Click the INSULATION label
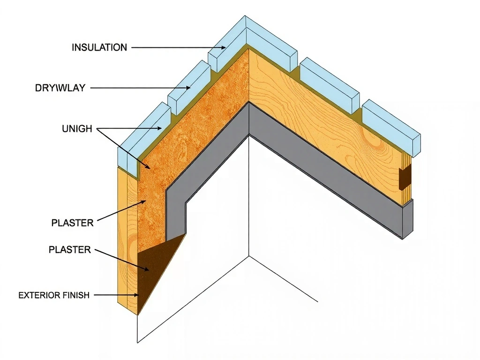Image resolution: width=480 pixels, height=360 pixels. [99, 47]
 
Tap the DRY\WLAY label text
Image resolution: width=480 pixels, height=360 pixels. [60, 88]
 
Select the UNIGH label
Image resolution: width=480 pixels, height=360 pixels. [77, 128]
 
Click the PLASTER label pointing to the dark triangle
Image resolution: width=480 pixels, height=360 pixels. [70, 250]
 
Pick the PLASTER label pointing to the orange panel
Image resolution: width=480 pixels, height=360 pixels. [72, 223]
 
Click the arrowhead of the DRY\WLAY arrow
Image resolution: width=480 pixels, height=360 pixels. [189, 88]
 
